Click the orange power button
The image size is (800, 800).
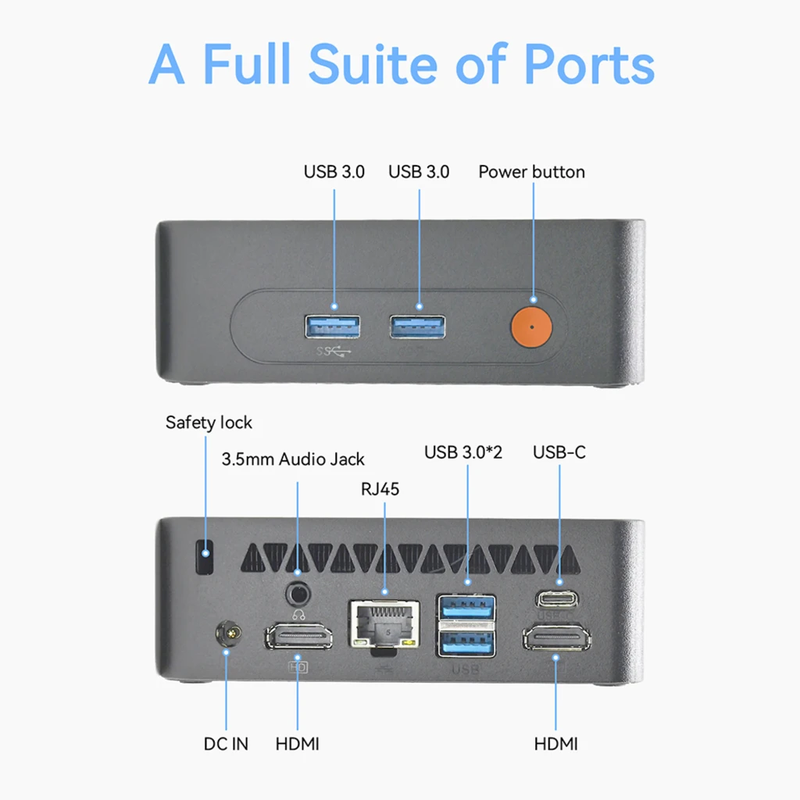(x=531, y=327)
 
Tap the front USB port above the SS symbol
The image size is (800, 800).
(x=332, y=327)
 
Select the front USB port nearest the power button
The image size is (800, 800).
(x=417, y=327)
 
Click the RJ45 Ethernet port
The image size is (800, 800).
(x=384, y=624)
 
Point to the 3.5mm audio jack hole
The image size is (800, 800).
(x=298, y=595)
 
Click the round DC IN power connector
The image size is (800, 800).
(x=229, y=633)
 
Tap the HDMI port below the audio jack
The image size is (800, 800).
(x=298, y=636)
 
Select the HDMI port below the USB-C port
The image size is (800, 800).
(x=556, y=637)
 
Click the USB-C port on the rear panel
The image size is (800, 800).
(x=556, y=598)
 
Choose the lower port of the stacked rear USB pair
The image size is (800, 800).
(x=467, y=644)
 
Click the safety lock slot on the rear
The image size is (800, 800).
(x=205, y=556)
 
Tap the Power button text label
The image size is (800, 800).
(x=531, y=172)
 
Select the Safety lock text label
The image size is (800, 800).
(x=209, y=423)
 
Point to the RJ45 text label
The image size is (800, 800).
(x=380, y=489)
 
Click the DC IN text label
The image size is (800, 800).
(x=226, y=744)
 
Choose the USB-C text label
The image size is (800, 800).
(x=559, y=452)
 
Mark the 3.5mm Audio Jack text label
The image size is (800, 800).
(x=294, y=459)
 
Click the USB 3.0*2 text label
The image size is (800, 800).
(x=463, y=452)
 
